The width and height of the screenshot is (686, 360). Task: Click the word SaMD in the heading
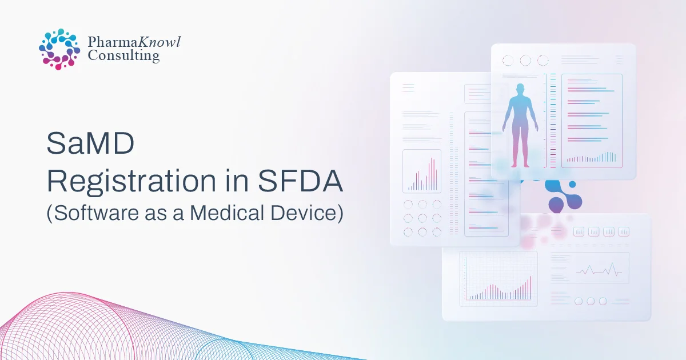(90, 144)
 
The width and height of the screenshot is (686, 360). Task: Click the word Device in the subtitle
(306, 213)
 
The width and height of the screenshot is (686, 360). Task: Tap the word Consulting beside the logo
(123, 55)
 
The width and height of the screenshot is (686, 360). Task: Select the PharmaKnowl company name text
(134, 41)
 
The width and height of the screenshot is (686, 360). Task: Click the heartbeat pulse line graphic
(599, 270)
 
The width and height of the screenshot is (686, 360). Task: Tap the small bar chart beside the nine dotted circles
(422, 171)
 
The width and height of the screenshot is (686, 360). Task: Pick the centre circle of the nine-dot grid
(422, 218)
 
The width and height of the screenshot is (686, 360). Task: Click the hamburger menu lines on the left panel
(408, 87)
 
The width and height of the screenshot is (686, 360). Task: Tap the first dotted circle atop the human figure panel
(508, 61)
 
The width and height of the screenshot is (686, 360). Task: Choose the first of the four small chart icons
(579, 231)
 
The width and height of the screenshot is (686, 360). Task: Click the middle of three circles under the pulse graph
(591, 301)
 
